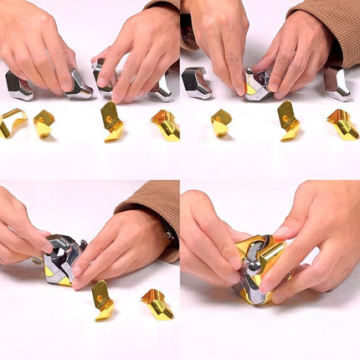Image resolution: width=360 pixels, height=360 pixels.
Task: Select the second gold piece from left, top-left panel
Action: (x=44, y=123)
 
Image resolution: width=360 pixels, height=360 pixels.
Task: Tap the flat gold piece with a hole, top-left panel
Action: (x=112, y=121)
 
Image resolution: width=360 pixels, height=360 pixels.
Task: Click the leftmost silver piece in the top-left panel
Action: (x=18, y=85)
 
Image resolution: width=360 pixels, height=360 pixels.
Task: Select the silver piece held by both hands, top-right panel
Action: (x=256, y=84)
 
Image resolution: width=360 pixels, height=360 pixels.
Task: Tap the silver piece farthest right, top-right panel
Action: (x=337, y=84)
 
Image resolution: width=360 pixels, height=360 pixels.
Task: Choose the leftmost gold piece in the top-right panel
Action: (x=221, y=121)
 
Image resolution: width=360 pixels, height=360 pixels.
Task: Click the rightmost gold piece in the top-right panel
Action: (x=342, y=122)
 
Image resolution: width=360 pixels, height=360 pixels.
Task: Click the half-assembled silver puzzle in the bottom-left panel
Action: (x=64, y=260)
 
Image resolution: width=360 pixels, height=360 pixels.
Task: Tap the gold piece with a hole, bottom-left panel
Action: (x=102, y=299)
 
